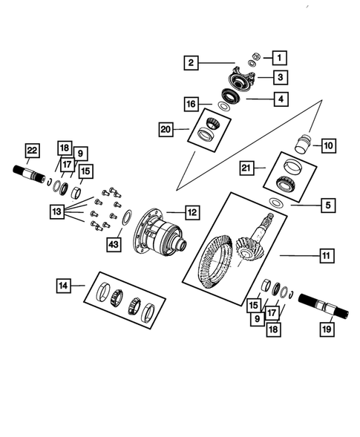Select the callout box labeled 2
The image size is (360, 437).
tap(191, 63)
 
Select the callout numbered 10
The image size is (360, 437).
tap(328, 146)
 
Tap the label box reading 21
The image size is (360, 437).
tap(246, 168)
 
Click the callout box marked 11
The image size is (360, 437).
tap(325, 256)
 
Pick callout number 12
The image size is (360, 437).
tap(192, 212)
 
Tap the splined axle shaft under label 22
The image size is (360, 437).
tap(27, 176)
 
